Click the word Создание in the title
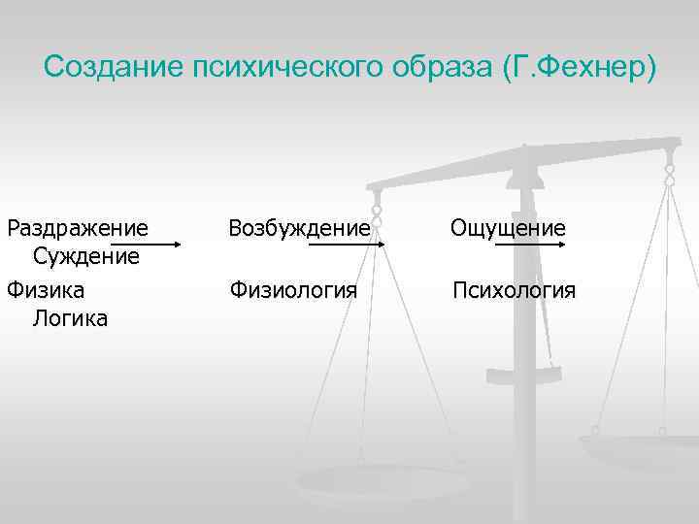click(x=113, y=68)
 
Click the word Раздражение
click(x=79, y=228)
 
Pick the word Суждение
click(x=86, y=256)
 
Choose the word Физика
click(x=46, y=289)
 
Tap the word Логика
click(x=70, y=317)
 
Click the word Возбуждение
click(x=299, y=228)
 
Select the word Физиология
click(x=293, y=289)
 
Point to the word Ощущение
click(x=508, y=228)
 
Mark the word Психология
click(x=515, y=289)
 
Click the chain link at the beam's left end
click(x=377, y=213)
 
